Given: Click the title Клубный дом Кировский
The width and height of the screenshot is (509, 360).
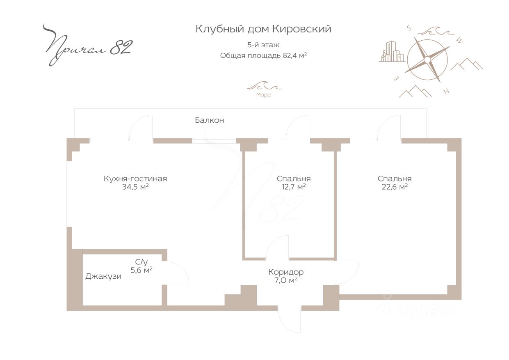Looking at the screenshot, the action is (x=263, y=29).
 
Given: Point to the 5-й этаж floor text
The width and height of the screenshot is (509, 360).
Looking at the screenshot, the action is (x=263, y=45).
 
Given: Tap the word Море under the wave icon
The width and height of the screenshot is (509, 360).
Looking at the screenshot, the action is (x=263, y=95).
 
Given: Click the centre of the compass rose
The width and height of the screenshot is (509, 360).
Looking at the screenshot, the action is (x=427, y=60).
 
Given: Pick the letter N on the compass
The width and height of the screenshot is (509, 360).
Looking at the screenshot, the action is (x=446, y=92).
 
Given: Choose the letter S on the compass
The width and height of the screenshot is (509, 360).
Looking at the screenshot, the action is (x=409, y=28).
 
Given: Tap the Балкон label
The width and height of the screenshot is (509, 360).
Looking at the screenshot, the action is (x=209, y=121).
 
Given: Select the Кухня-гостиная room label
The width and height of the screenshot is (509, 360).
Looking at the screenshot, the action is (x=135, y=179).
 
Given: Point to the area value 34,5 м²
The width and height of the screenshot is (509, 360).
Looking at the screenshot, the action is (x=135, y=187).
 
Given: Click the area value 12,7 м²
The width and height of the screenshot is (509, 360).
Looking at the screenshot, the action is (x=294, y=187).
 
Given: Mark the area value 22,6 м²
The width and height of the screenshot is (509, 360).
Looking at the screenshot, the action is (x=395, y=187).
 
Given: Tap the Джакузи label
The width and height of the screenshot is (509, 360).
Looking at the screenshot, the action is (x=103, y=276).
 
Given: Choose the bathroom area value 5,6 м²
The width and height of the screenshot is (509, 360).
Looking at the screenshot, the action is (x=142, y=270).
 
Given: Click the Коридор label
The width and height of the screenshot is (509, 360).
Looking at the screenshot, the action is (x=286, y=272).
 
